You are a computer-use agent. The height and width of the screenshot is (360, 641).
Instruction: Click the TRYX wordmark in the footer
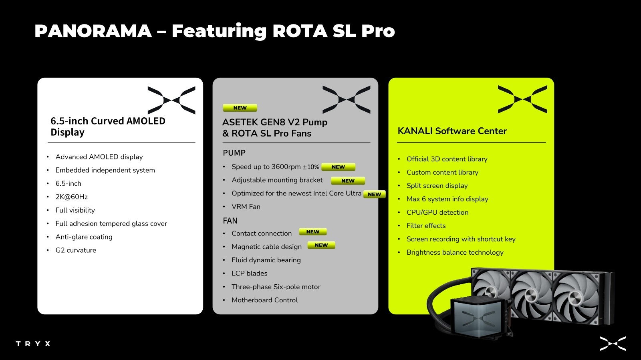click(x=33, y=344)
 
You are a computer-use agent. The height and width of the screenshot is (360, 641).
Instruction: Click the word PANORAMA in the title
click(x=93, y=31)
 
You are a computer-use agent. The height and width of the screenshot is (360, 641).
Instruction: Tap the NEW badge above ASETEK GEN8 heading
click(x=240, y=108)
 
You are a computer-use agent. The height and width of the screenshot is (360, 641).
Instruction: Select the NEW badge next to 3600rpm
click(x=338, y=167)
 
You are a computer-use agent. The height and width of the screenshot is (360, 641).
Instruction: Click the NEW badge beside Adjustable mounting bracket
click(x=348, y=181)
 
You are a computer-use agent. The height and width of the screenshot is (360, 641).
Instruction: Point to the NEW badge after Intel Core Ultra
click(x=374, y=195)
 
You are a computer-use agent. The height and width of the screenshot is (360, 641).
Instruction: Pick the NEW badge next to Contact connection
click(x=313, y=231)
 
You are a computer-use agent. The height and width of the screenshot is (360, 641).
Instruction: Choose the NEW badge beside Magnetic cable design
click(x=321, y=245)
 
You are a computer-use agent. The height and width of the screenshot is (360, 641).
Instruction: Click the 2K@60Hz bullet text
click(x=72, y=197)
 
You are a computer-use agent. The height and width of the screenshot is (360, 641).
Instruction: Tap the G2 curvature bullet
click(x=76, y=250)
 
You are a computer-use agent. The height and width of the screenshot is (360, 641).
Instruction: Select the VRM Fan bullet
click(x=246, y=207)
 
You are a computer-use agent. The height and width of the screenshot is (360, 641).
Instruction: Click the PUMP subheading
click(x=234, y=153)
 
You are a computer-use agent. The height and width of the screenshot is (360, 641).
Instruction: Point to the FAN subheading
click(x=230, y=221)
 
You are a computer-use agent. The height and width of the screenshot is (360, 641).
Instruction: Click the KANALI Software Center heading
click(x=452, y=131)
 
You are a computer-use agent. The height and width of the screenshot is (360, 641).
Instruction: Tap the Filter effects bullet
click(x=426, y=225)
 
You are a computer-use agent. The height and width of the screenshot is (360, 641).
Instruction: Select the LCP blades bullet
click(x=250, y=274)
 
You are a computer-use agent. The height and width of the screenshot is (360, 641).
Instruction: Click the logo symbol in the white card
click(x=171, y=100)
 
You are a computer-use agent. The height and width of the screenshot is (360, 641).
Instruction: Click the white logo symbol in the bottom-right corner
click(x=613, y=344)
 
